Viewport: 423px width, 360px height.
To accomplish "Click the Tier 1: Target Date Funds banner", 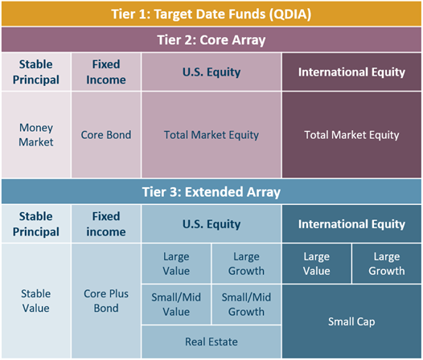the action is tap(211, 14).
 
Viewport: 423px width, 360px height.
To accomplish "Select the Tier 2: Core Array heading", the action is tap(211, 39).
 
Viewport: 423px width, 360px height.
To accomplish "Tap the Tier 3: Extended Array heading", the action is tap(211, 192).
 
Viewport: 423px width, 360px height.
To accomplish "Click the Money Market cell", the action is tap(36, 134).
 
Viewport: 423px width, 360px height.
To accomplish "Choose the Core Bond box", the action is tap(106, 134).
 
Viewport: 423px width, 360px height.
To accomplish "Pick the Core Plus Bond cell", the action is tap(106, 301).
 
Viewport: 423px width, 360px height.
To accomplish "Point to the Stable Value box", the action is tap(36, 301).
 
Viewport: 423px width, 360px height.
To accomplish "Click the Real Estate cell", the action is tap(211, 342).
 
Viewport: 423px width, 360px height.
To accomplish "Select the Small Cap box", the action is tap(351, 321).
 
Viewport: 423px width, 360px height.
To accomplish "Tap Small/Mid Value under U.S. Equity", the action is tap(176, 305).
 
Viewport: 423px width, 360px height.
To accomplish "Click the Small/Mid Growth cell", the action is tap(246, 305).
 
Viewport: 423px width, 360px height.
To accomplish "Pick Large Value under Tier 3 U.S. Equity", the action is tap(176, 264).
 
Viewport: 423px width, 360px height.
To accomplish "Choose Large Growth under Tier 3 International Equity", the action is tap(387, 264).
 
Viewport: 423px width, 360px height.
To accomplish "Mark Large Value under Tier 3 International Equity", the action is tap(317, 264).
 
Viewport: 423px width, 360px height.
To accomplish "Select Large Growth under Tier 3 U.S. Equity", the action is tap(246, 264).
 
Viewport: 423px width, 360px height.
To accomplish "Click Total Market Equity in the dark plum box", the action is tap(351, 134).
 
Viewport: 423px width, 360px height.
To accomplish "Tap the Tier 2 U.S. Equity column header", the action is tap(211, 72).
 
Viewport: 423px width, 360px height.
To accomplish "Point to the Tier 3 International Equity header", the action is tap(351, 224).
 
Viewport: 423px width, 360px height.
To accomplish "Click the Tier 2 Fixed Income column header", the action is tap(106, 72).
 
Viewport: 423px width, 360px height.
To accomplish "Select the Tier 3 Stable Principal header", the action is tap(36, 224).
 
